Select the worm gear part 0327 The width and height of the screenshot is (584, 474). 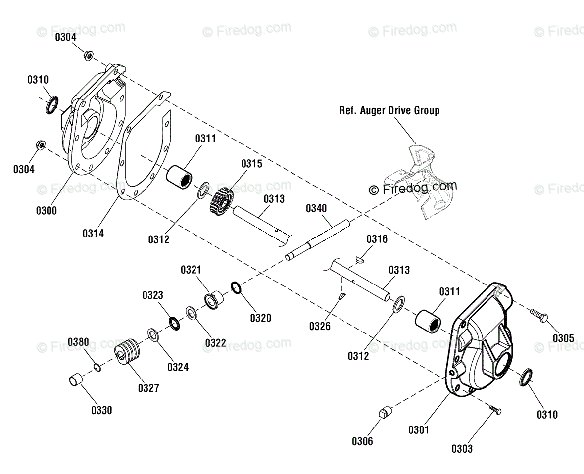click(127, 351)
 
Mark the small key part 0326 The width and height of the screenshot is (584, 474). click(342, 296)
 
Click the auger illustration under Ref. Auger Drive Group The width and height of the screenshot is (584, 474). click(420, 181)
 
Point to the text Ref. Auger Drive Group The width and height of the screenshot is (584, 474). click(389, 111)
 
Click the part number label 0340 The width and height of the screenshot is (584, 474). click(316, 208)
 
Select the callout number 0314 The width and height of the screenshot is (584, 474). click(93, 234)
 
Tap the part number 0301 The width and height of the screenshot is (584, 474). click(419, 429)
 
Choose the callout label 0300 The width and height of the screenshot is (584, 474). click(47, 211)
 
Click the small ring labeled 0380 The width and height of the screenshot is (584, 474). click(97, 368)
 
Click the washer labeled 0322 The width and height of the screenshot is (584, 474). click(191, 313)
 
